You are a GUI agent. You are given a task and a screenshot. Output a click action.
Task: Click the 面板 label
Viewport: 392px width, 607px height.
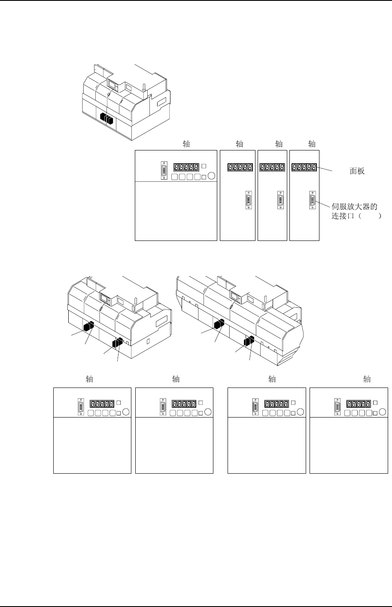[357, 171]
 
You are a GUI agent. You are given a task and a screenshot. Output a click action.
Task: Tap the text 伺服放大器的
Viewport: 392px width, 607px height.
[354, 207]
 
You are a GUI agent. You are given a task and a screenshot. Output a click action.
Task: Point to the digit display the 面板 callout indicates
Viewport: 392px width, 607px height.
[304, 168]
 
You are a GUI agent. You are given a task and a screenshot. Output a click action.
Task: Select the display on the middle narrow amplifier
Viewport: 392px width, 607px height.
[273, 168]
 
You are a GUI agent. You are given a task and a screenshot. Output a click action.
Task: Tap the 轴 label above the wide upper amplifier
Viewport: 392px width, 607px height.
[186, 144]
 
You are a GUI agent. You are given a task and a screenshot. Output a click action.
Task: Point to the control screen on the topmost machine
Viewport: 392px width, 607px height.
[113, 84]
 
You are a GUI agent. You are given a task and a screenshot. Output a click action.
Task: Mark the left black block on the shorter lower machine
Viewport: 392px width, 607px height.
[89, 327]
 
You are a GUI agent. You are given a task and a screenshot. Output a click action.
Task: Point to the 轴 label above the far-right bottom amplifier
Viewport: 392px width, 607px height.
[367, 379]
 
